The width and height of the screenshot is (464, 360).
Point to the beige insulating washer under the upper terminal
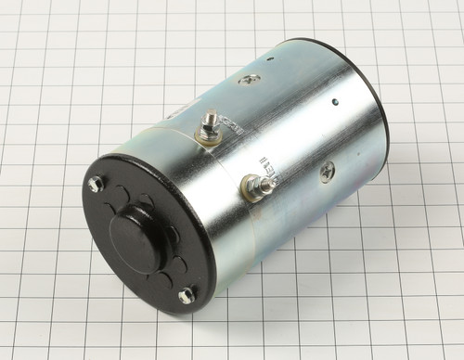[x=207, y=140]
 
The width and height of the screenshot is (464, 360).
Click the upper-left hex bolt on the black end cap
[x=95, y=183]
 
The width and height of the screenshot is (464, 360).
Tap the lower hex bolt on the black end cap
[x=187, y=295]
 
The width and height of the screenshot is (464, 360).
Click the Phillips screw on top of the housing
[x=249, y=81]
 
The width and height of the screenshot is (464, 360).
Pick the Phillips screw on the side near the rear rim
[x=327, y=171]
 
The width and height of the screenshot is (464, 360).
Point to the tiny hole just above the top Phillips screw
[x=269, y=59]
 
